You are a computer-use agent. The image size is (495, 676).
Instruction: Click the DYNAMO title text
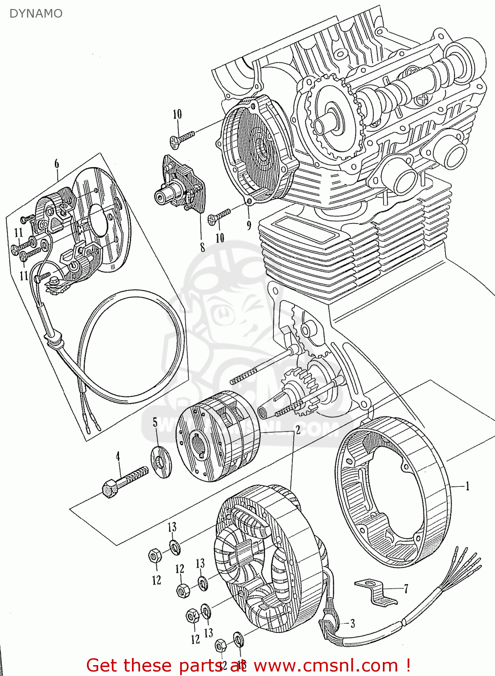coord(36,14)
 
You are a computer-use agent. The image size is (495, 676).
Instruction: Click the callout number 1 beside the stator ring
coord(468,486)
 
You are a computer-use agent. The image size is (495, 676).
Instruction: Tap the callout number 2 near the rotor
coord(298,429)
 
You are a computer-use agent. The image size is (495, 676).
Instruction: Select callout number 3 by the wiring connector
coord(352,624)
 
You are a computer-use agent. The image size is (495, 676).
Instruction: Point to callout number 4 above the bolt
coord(118,457)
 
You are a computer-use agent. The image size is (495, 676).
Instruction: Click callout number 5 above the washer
coord(155,422)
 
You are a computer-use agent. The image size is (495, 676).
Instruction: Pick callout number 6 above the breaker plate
coord(57,164)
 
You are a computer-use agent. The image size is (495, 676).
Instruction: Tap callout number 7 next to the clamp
coord(406,589)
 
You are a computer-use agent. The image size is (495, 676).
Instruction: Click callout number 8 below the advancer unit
coord(203,247)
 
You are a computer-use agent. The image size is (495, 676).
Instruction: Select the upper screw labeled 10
coord(182,138)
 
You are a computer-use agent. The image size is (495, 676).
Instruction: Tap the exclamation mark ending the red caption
coord(408,665)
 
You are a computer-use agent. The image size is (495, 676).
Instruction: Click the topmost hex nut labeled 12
coord(154,556)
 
